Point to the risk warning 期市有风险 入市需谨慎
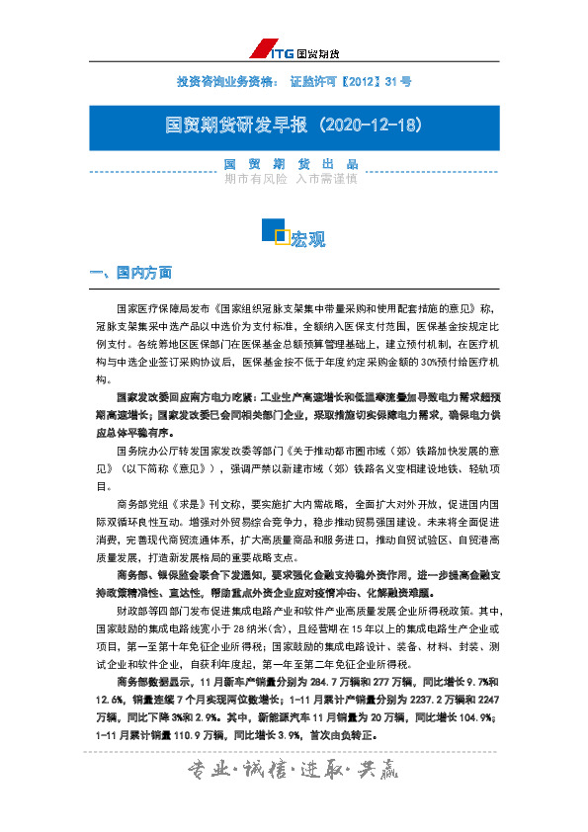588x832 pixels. tap(291, 180)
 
